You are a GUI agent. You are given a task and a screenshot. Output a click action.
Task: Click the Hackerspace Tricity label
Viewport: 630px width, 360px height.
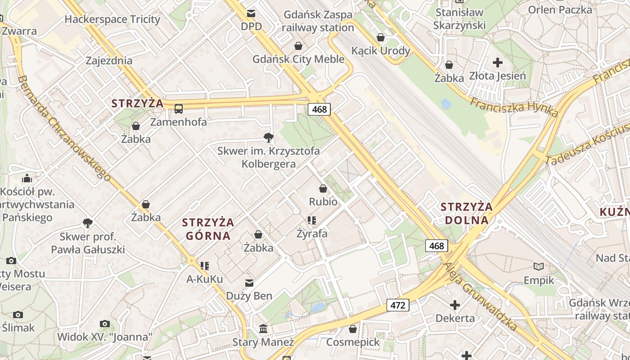(112, 19)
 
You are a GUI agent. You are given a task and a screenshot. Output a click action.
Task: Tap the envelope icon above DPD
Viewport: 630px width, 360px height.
(251, 13)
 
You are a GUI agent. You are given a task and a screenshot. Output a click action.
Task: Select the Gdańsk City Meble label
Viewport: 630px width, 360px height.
(298, 59)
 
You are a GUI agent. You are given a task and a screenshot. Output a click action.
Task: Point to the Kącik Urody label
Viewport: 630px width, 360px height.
(381, 50)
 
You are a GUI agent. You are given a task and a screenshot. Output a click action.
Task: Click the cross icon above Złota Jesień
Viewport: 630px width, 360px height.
(497, 63)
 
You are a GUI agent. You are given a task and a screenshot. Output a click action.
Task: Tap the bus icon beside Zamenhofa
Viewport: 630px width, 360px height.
(179, 108)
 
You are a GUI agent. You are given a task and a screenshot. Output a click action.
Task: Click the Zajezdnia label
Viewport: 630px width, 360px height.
(109, 61)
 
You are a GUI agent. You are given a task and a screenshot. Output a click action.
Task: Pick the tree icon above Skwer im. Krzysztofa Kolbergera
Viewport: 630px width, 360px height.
(269, 137)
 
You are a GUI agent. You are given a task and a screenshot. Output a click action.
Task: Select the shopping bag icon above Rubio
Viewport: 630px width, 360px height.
(323, 189)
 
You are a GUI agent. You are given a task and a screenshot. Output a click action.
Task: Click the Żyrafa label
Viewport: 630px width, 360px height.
(312, 234)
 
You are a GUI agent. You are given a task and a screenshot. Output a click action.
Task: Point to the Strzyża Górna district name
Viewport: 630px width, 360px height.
(208, 229)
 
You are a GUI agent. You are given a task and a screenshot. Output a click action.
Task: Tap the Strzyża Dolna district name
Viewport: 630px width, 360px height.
(467, 213)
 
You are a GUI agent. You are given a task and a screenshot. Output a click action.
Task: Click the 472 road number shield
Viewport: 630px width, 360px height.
(398, 305)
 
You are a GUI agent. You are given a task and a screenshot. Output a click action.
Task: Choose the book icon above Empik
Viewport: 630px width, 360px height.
(539, 266)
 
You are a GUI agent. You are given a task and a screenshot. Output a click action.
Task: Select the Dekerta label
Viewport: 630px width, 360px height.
(455, 318)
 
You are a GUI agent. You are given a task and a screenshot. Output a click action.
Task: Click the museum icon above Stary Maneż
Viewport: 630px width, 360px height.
(263, 329)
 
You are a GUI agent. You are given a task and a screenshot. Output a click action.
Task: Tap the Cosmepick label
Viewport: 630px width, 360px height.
(353, 342)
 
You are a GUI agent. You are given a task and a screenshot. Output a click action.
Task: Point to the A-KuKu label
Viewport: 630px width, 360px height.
(204, 279)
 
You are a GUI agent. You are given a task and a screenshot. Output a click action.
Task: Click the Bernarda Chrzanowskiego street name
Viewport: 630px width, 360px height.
(66, 129)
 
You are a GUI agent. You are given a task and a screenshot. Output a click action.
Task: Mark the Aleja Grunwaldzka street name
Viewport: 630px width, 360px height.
(479, 297)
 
